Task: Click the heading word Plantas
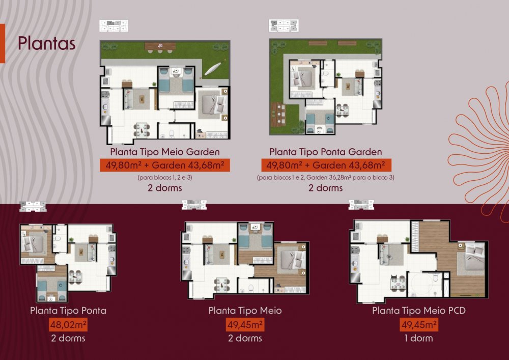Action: click(x=46, y=43)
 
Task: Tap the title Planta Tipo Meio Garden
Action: click(x=165, y=152)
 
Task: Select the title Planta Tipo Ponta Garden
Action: click(x=326, y=152)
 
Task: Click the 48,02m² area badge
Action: click(x=68, y=324)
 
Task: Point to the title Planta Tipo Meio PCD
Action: click(x=419, y=310)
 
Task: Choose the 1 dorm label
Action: click(x=418, y=338)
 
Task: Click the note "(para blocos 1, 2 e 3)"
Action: click(x=165, y=178)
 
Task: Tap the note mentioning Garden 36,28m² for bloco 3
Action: click(x=326, y=178)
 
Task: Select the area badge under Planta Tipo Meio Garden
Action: click(x=165, y=165)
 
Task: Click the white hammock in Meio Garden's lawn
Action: click(x=213, y=68)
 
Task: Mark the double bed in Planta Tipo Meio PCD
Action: click(x=471, y=258)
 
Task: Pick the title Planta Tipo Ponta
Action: click(x=68, y=310)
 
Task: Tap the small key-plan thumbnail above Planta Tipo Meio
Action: click(x=194, y=205)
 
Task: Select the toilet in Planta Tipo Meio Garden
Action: click(x=172, y=133)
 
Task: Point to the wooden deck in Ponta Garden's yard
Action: click(x=278, y=114)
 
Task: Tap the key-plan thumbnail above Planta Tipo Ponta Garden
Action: click(x=284, y=25)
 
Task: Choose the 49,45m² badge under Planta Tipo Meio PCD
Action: click(x=419, y=324)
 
